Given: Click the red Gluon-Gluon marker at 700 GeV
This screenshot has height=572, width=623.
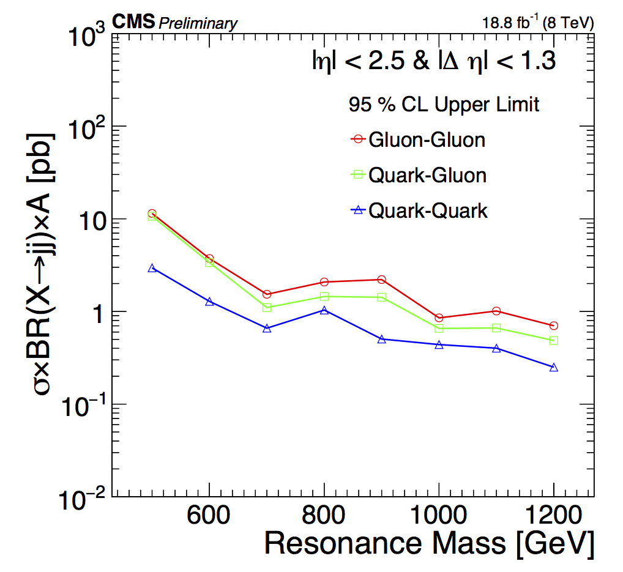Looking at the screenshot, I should [267, 294].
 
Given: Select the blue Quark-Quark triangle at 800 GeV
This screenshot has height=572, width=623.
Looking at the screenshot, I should [324, 310].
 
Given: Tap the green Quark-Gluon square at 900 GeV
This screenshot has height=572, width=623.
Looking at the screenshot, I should [382, 297].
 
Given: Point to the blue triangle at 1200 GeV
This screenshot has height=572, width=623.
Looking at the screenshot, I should [554, 367].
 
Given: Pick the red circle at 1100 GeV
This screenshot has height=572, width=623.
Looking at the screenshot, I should [496, 311].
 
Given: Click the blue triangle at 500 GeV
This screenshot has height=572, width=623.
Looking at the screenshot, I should [152, 268].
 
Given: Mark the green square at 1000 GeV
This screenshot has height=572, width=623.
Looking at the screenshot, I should [439, 329].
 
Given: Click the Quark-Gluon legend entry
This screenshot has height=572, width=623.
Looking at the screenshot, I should [418, 176].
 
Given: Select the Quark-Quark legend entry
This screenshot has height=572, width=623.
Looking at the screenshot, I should [419, 211].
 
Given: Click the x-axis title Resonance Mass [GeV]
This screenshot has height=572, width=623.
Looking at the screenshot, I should [429, 543].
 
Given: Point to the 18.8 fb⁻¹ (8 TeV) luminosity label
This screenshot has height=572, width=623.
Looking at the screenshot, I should [537, 24].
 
